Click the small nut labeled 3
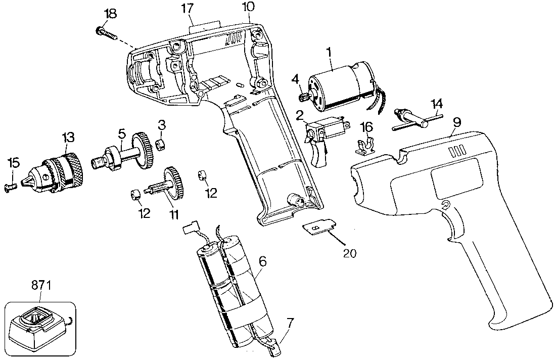pyautogui.click(x=161, y=145)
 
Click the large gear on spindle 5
pyautogui.click(x=143, y=150)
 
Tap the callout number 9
pyautogui.click(x=457, y=122)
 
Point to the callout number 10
pyautogui.click(x=248, y=7)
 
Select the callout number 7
pyautogui.click(x=290, y=322)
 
